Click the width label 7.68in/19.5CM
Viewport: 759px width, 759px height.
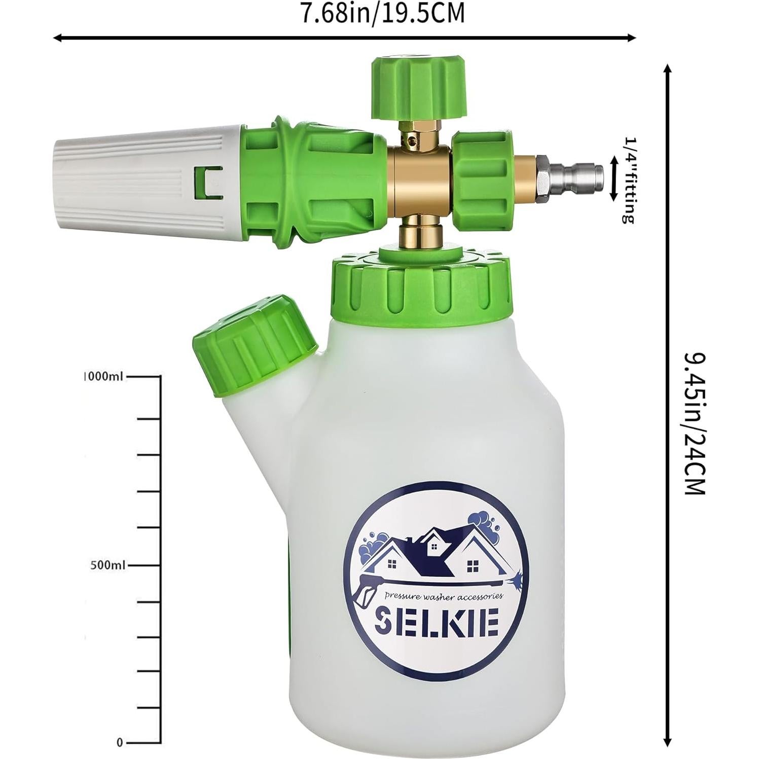click(x=383, y=14)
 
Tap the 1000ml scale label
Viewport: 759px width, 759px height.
click(x=104, y=377)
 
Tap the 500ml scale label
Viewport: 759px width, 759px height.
click(x=107, y=565)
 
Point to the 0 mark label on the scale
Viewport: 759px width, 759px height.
click(x=120, y=743)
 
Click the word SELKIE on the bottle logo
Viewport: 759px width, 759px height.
click(x=436, y=622)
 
